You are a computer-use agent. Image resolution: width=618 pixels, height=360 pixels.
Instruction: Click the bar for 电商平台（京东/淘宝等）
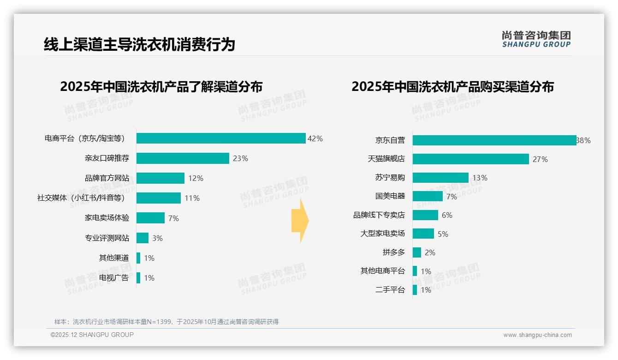coord(221,138)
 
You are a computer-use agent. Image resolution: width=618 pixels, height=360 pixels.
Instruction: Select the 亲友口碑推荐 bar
coord(183,158)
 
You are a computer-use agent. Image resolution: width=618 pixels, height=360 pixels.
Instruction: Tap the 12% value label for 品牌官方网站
coord(196,178)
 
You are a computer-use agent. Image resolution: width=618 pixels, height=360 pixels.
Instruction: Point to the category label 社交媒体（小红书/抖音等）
coord(81,198)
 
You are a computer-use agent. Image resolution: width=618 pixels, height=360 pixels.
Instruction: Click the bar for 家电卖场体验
coord(150,218)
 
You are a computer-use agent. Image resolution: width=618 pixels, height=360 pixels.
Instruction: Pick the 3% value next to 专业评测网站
coord(157,238)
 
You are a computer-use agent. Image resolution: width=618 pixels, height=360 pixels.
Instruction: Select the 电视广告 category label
coord(114,278)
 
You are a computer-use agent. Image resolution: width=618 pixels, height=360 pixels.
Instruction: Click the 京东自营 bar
coord(494,140)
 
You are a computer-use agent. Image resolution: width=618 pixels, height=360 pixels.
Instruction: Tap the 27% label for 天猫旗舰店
coord(540,159)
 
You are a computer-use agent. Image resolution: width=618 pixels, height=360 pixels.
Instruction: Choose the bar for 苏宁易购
coord(440,178)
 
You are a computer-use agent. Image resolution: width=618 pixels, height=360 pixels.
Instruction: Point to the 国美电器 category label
coord(390,196)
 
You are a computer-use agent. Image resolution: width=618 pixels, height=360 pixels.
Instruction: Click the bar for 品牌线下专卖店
coord(425,215)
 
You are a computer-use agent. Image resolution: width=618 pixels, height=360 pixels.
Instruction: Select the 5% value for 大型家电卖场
coord(443,234)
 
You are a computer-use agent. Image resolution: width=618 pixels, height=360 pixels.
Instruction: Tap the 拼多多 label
coord(393,252)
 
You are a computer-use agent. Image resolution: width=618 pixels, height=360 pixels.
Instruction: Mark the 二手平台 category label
coord(390,290)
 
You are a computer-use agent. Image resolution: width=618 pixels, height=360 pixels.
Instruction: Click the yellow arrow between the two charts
coord(300,221)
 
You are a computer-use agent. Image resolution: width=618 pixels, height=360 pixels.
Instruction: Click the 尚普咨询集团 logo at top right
coord(536,39)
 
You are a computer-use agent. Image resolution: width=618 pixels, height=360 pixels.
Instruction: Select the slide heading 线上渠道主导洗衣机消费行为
coord(139,44)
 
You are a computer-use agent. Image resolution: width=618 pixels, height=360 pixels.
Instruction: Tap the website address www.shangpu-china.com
coord(537,335)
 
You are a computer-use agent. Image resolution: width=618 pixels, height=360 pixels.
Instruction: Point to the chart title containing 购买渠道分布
coord(452,87)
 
